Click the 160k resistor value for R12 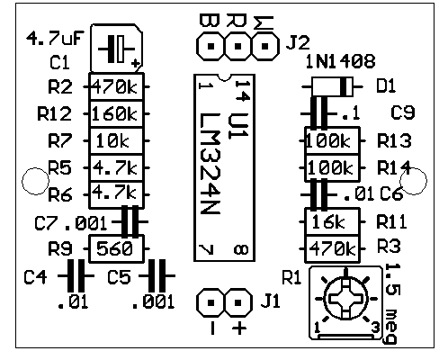114,114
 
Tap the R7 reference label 60,140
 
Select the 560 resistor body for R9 117,248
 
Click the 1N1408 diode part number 340,61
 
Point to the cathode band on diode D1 345,86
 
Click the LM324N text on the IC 211,164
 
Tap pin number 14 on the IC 242,91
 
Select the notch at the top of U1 224,77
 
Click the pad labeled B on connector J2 211,47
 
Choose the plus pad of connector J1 238,302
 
